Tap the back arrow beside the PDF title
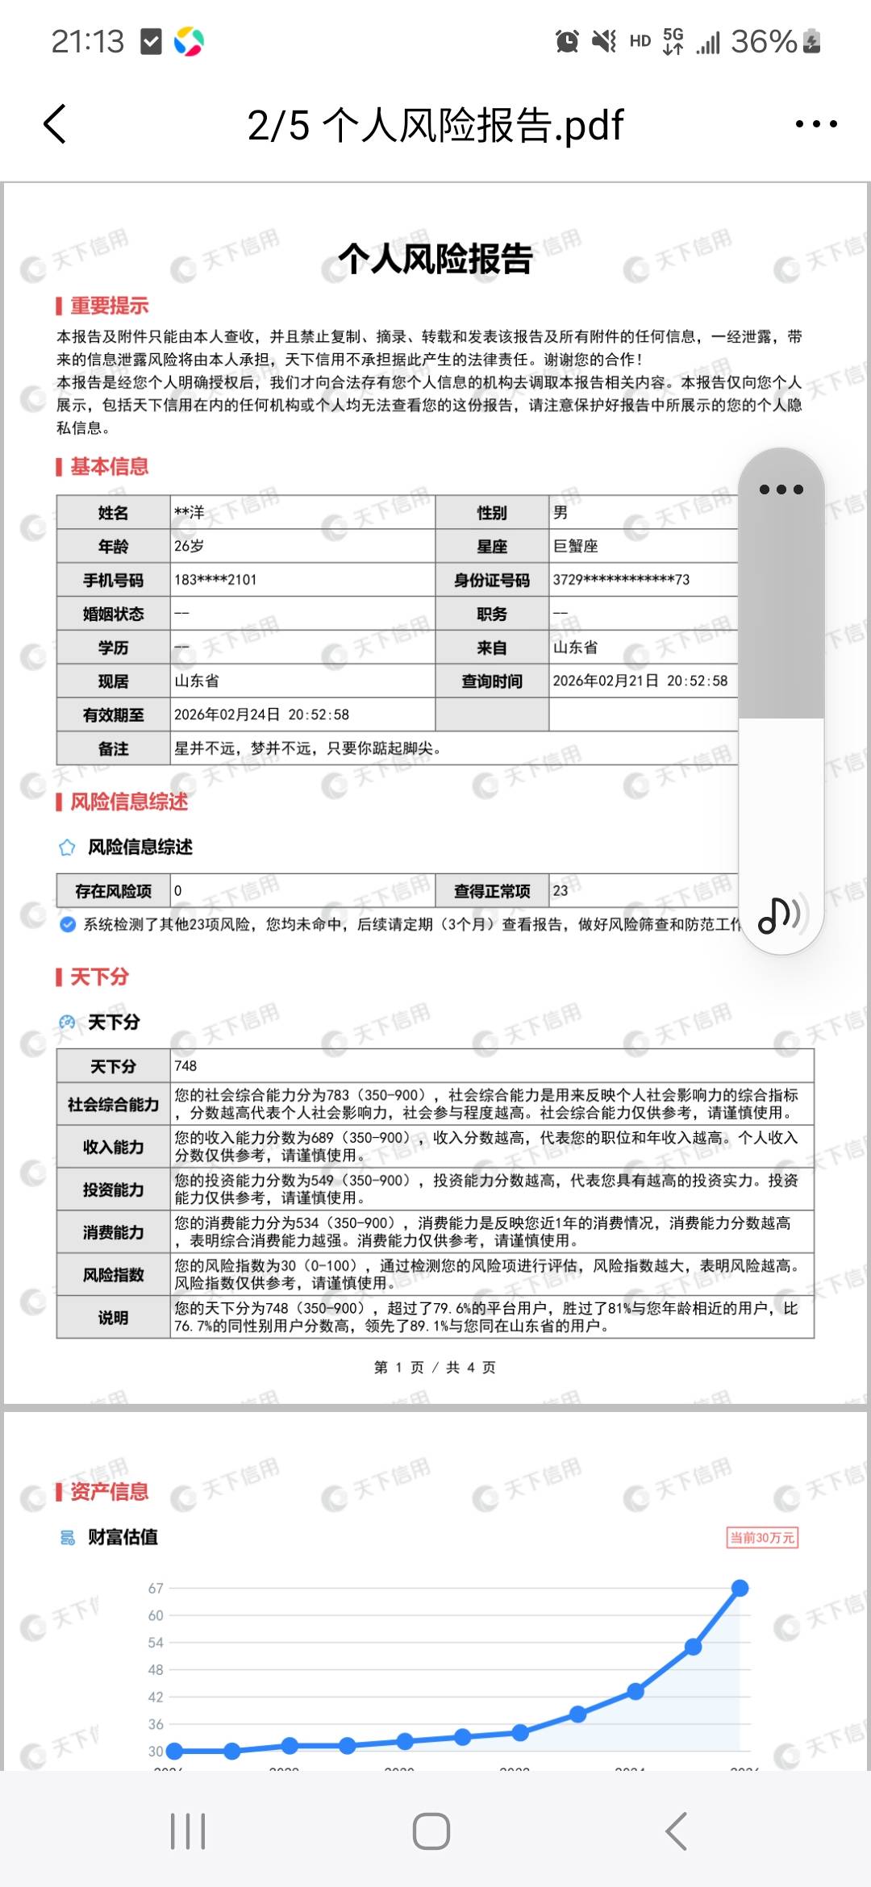(55, 124)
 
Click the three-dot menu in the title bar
(815, 124)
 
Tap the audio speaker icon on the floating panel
(779, 914)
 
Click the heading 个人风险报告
(435, 259)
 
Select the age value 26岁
(190, 546)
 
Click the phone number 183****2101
(215, 580)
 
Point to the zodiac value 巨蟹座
(575, 546)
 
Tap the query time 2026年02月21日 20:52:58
(640, 681)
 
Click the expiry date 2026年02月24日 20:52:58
(262, 714)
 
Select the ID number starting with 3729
(621, 580)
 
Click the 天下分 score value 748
(185, 1066)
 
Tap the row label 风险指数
(113, 1275)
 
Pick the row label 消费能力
(113, 1232)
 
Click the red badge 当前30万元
(762, 1537)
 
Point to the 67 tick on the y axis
(156, 1588)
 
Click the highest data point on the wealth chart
(740, 1588)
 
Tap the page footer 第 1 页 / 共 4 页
(435, 1367)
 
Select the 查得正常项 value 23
(561, 890)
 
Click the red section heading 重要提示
(109, 306)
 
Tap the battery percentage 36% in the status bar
(763, 42)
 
